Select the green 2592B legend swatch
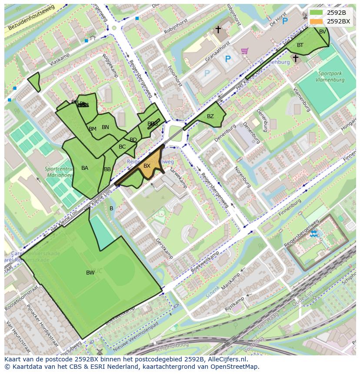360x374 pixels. coord(317,12)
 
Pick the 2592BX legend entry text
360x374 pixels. coord(338,21)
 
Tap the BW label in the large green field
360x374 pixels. coord(90,273)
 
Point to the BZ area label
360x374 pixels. coord(210,116)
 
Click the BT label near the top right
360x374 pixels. coord(300,45)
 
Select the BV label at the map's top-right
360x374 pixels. coord(322,32)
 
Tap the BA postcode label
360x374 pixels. coord(85,168)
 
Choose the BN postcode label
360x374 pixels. coord(105,127)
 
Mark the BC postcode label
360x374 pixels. coord(122,147)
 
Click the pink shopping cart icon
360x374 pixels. coord(244,51)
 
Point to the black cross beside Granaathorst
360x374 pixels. coord(218,30)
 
